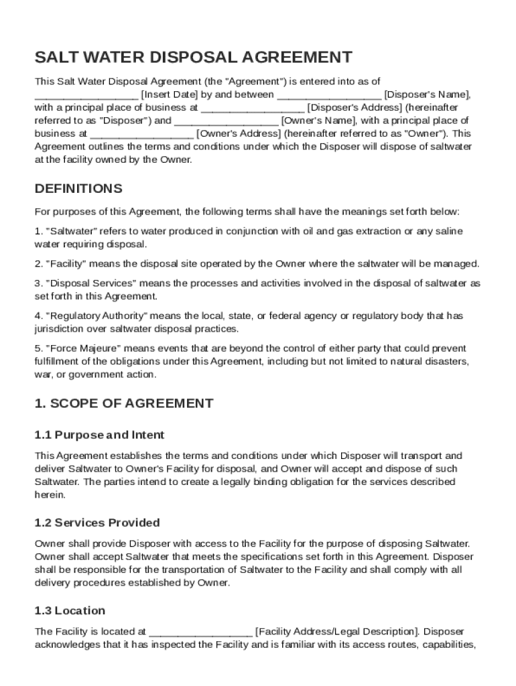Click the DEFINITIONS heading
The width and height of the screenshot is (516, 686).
(78, 188)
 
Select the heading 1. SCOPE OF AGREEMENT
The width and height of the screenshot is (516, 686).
(124, 403)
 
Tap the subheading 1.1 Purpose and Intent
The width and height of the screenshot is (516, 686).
(99, 435)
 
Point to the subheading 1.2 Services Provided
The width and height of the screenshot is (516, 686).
(96, 523)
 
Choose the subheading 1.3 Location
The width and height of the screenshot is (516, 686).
(70, 610)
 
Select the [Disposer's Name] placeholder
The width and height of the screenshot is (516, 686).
(428, 94)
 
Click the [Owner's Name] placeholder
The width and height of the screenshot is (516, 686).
(320, 121)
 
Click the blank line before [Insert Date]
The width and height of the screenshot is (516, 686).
(86, 94)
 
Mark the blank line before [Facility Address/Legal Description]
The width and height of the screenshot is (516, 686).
(200, 631)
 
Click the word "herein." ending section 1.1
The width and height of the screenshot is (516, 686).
(50, 494)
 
